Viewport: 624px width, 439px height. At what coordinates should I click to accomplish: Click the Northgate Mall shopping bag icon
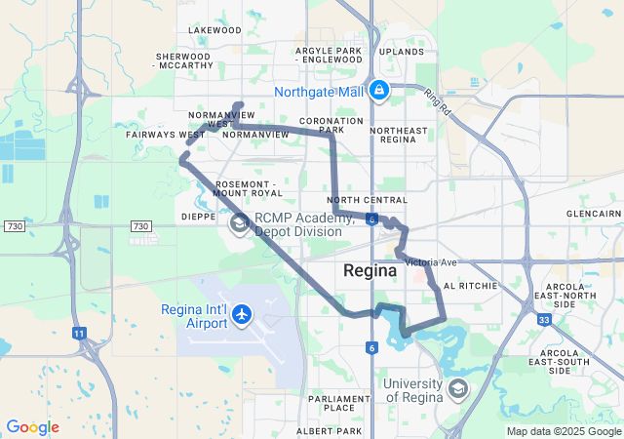(378, 92)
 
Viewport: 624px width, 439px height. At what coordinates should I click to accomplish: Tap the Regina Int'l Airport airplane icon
(243, 315)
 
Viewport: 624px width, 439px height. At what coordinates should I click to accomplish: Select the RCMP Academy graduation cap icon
(239, 224)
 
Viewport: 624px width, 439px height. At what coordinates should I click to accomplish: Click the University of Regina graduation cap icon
(456, 390)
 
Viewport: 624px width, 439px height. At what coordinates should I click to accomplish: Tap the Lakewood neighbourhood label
(214, 30)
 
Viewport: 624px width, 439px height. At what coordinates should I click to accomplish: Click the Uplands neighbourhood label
(402, 51)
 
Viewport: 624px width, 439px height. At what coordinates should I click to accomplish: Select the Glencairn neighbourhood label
(594, 213)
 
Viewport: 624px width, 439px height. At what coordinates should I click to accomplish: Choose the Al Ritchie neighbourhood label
(470, 286)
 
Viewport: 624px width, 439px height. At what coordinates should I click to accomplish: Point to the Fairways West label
(166, 134)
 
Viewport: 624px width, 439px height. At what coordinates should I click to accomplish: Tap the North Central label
(374, 200)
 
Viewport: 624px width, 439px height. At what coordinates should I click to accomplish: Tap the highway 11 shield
(78, 333)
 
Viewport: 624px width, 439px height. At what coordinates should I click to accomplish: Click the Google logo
(32, 427)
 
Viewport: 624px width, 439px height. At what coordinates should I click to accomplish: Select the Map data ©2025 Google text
(563, 431)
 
